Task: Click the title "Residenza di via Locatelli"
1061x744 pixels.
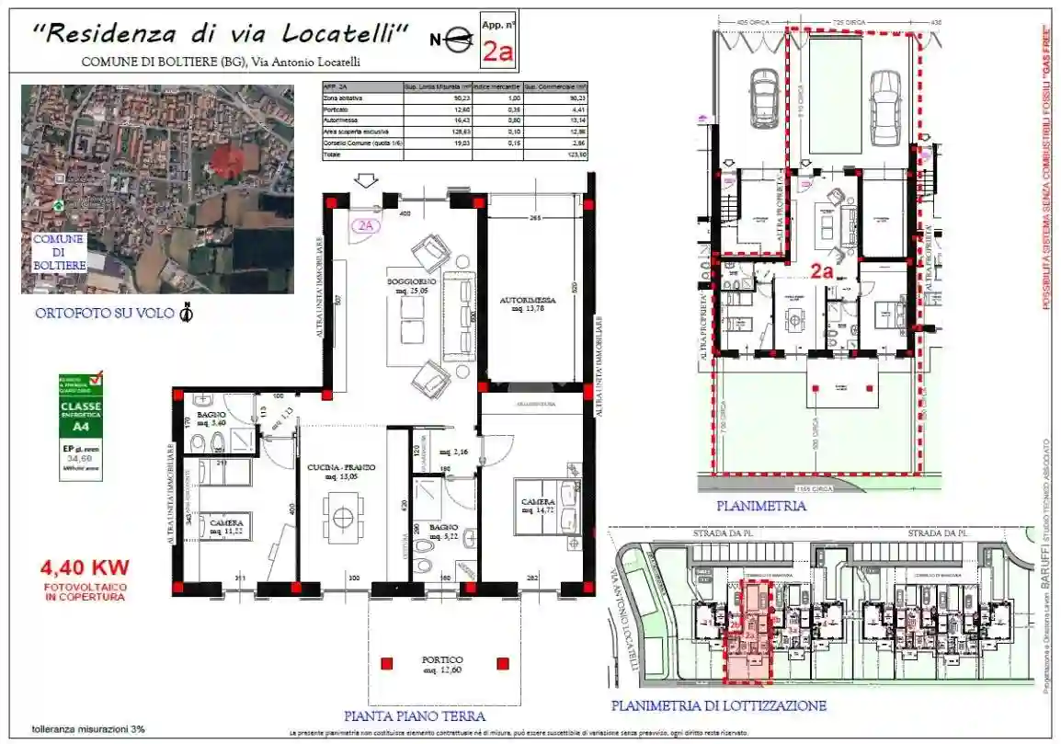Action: point(221,33)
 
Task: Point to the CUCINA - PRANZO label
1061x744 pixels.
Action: point(341,472)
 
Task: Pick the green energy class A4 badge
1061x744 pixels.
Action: point(81,426)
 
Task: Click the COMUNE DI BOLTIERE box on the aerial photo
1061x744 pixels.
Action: point(60,252)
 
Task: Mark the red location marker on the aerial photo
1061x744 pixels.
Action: point(226,160)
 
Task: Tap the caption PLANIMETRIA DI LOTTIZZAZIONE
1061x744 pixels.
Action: point(718,706)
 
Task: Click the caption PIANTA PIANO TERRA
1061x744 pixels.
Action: point(414,715)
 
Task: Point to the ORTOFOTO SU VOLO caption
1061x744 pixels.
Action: point(105,314)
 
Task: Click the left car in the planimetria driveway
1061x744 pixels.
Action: point(765,97)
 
